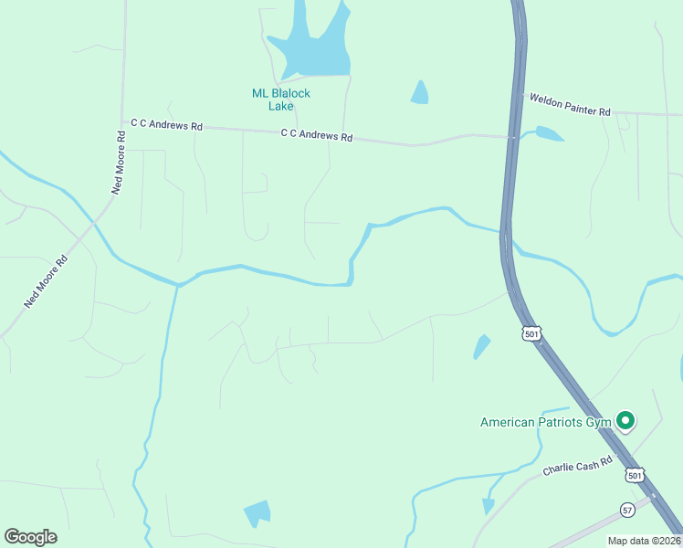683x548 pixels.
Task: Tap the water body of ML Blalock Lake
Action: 315,55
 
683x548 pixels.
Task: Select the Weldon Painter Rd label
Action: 567,104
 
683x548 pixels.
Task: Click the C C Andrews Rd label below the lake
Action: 316,135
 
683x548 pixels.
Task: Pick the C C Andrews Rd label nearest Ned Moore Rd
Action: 166,125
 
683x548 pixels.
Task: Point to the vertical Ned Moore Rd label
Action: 118,163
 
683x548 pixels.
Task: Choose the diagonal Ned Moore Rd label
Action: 47,280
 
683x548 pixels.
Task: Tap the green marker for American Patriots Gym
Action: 625,420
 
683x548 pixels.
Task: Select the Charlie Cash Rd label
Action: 577,468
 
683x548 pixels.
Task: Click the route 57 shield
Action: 626,509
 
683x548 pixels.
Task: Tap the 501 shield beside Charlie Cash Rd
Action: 636,475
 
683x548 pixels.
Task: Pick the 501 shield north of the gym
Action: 532,334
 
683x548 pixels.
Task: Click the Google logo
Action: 30,537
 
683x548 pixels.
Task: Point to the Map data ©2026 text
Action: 644,541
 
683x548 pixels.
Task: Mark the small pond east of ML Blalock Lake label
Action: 419,92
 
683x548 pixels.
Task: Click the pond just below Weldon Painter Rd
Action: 548,134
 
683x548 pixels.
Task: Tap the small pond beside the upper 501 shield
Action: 480,347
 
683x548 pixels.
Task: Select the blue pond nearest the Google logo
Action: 257,513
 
